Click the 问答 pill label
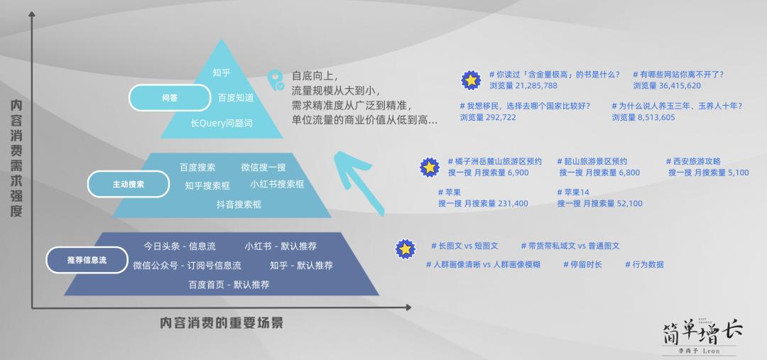point(170,97)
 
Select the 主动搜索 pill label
point(128,184)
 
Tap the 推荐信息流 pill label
point(87,260)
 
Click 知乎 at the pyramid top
point(222,72)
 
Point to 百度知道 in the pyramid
point(236,97)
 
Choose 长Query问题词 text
point(222,123)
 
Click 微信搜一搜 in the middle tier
point(263,168)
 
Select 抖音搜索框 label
point(239,204)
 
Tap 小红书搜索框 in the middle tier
point(277,185)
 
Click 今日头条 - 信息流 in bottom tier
point(180,246)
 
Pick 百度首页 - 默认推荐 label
point(229,285)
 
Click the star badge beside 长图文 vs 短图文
point(405,249)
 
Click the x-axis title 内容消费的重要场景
point(222,323)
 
